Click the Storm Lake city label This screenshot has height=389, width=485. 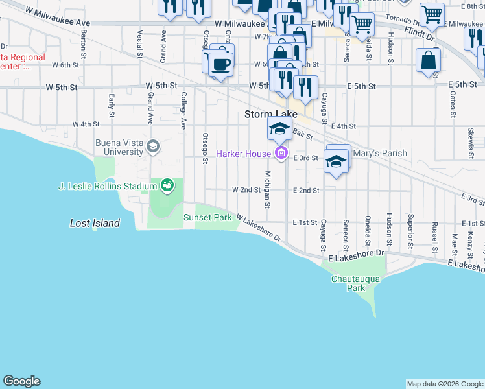pyautogui.click(x=271, y=114)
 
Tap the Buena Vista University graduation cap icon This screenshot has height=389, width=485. pyautogui.click(x=152, y=146)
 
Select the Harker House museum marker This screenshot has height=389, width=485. pyautogui.click(x=281, y=154)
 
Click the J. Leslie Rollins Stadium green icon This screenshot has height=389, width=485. pyautogui.click(x=167, y=186)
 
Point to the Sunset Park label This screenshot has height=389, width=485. pyautogui.click(x=207, y=218)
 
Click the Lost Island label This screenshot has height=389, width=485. pyautogui.click(x=95, y=223)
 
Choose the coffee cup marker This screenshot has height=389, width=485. pyautogui.click(x=220, y=65)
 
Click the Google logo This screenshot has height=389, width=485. pyautogui.click(x=21, y=381)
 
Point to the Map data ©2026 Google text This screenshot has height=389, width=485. pyautogui.click(x=445, y=384)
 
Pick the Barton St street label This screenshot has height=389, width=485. pyautogui.click(x=84, y=43)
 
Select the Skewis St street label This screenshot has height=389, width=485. pyautogui.click(x=470, y=142)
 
